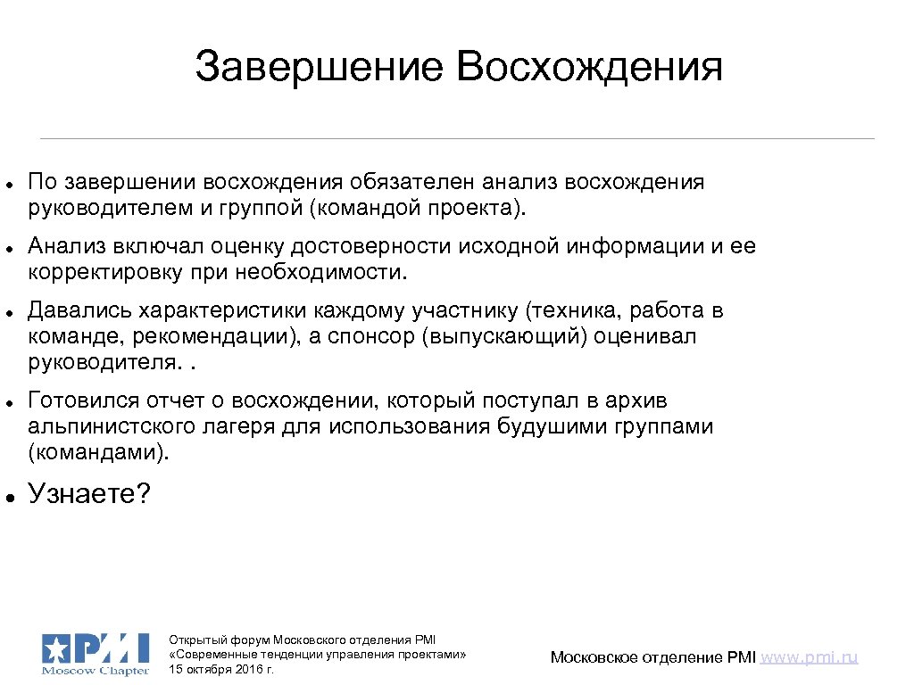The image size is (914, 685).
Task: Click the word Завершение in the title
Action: pos(318,68)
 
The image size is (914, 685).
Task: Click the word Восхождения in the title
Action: pos(589,68)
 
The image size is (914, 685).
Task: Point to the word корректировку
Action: pos(108,271)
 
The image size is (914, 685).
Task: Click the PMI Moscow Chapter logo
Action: pos(95,653)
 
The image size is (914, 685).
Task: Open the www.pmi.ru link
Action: pos(810,657)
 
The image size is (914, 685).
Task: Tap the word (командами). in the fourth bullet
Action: pos(98,451)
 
